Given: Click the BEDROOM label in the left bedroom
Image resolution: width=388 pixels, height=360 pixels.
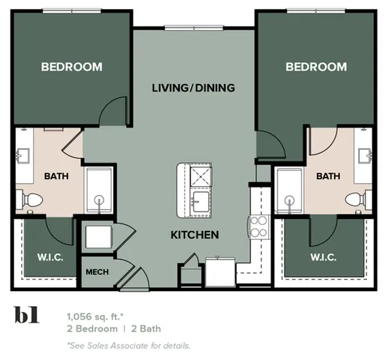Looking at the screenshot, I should (71, 67).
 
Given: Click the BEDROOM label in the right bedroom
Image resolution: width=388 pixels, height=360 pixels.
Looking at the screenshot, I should (316, 67).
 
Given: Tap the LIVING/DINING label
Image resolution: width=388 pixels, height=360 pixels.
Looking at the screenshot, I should (193, 88).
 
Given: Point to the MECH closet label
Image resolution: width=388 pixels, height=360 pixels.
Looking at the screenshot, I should (96, 272).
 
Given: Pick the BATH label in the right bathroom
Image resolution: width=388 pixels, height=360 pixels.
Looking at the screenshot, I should (327, 176).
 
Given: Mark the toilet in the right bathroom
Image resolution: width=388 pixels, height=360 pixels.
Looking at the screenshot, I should (358, 200).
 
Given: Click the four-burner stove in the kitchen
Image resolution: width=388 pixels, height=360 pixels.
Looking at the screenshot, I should (259, 226).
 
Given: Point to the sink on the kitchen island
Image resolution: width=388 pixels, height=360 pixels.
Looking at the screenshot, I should (200, 200).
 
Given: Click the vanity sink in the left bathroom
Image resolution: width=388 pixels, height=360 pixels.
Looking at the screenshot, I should (22, 156).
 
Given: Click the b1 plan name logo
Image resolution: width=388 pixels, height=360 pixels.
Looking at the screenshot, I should (28, 315).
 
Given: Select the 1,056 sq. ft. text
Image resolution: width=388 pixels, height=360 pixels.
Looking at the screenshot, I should (96, 316).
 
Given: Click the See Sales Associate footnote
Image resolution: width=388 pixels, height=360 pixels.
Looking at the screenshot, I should (128, 345).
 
